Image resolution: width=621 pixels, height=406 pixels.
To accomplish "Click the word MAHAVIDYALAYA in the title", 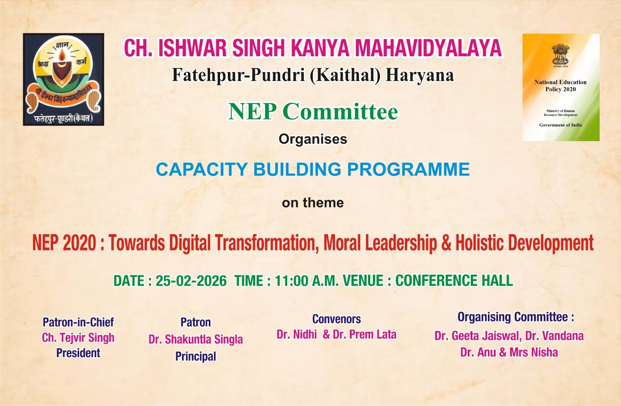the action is (x=428, y=48).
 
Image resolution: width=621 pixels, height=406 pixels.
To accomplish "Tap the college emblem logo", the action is (x=64, y=79).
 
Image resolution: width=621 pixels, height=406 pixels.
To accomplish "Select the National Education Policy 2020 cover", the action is (x=561, y=88).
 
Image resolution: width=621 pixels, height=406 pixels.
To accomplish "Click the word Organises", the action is (x=313, y=139).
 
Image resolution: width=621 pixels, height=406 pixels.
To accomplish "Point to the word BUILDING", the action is (x=297, y=169).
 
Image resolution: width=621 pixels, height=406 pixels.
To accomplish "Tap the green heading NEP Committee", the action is (x=313, y=112).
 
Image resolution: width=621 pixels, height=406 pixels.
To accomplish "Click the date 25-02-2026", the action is (x=191, y=281).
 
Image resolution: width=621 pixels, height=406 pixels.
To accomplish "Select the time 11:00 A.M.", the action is (x=307, y=281).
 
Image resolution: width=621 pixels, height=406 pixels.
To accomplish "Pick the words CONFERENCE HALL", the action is (x=454, y=281).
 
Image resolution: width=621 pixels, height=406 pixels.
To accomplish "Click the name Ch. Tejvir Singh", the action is (x=78, y=338).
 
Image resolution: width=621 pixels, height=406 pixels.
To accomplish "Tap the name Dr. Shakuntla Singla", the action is (x=196, y=339).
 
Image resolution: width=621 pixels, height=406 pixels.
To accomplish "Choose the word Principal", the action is (x=196, y=356).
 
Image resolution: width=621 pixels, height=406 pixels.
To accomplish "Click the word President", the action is (x=78, y=353).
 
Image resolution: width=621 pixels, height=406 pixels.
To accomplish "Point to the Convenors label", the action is (x=337, y=319).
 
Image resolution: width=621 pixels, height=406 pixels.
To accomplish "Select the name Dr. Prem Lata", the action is (x=364, y=335).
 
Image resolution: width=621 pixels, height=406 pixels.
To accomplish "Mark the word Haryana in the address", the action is (x=420, y=75).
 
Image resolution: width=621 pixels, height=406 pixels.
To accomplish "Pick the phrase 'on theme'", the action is (x=313, y=203).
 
